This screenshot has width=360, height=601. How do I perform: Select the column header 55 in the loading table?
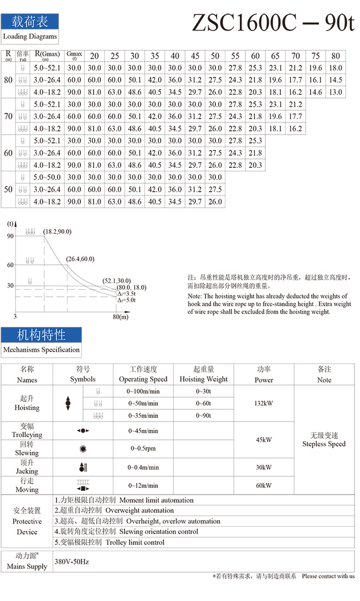click(235, 56)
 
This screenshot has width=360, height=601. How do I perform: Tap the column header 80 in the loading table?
click(336, 56)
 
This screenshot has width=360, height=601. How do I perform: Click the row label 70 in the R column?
click(8, 116)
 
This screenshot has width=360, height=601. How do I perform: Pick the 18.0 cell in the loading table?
click(336, 68)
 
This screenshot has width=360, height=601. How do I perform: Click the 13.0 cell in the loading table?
click(336, 93)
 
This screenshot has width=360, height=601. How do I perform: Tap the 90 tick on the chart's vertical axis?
click(10, 236)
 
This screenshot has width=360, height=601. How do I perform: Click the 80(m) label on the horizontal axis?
click(120, 317)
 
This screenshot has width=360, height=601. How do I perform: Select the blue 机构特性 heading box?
click(41, 335)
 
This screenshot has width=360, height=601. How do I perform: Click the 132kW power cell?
click(264, 404)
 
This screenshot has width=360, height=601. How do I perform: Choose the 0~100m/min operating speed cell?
click(143, 392)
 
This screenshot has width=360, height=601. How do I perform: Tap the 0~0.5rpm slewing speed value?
click(143, 448)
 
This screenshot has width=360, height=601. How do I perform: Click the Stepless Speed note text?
click(324, 444)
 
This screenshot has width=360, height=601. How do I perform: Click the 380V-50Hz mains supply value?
click(72, 562)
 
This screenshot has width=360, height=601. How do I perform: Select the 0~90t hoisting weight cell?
click(203, 415)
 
